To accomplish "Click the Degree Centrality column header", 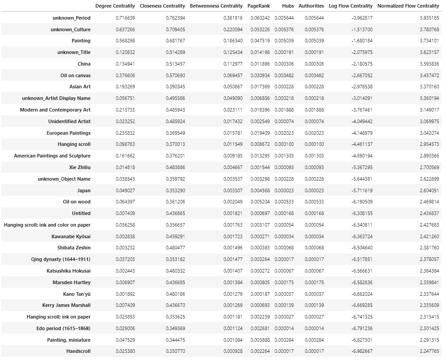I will coord(115,6).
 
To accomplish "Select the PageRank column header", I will coord(258,6).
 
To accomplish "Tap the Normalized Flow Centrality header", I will coord(408,6).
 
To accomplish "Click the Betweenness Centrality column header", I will coord(216,6).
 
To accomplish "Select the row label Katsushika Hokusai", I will coord(68,271).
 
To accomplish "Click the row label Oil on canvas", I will coord(75,75).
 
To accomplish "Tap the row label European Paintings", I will coord(69,133).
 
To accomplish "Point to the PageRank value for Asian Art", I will coord(260,87).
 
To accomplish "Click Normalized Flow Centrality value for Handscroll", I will coord(427,351).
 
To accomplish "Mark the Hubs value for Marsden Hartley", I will coord(284,282).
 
